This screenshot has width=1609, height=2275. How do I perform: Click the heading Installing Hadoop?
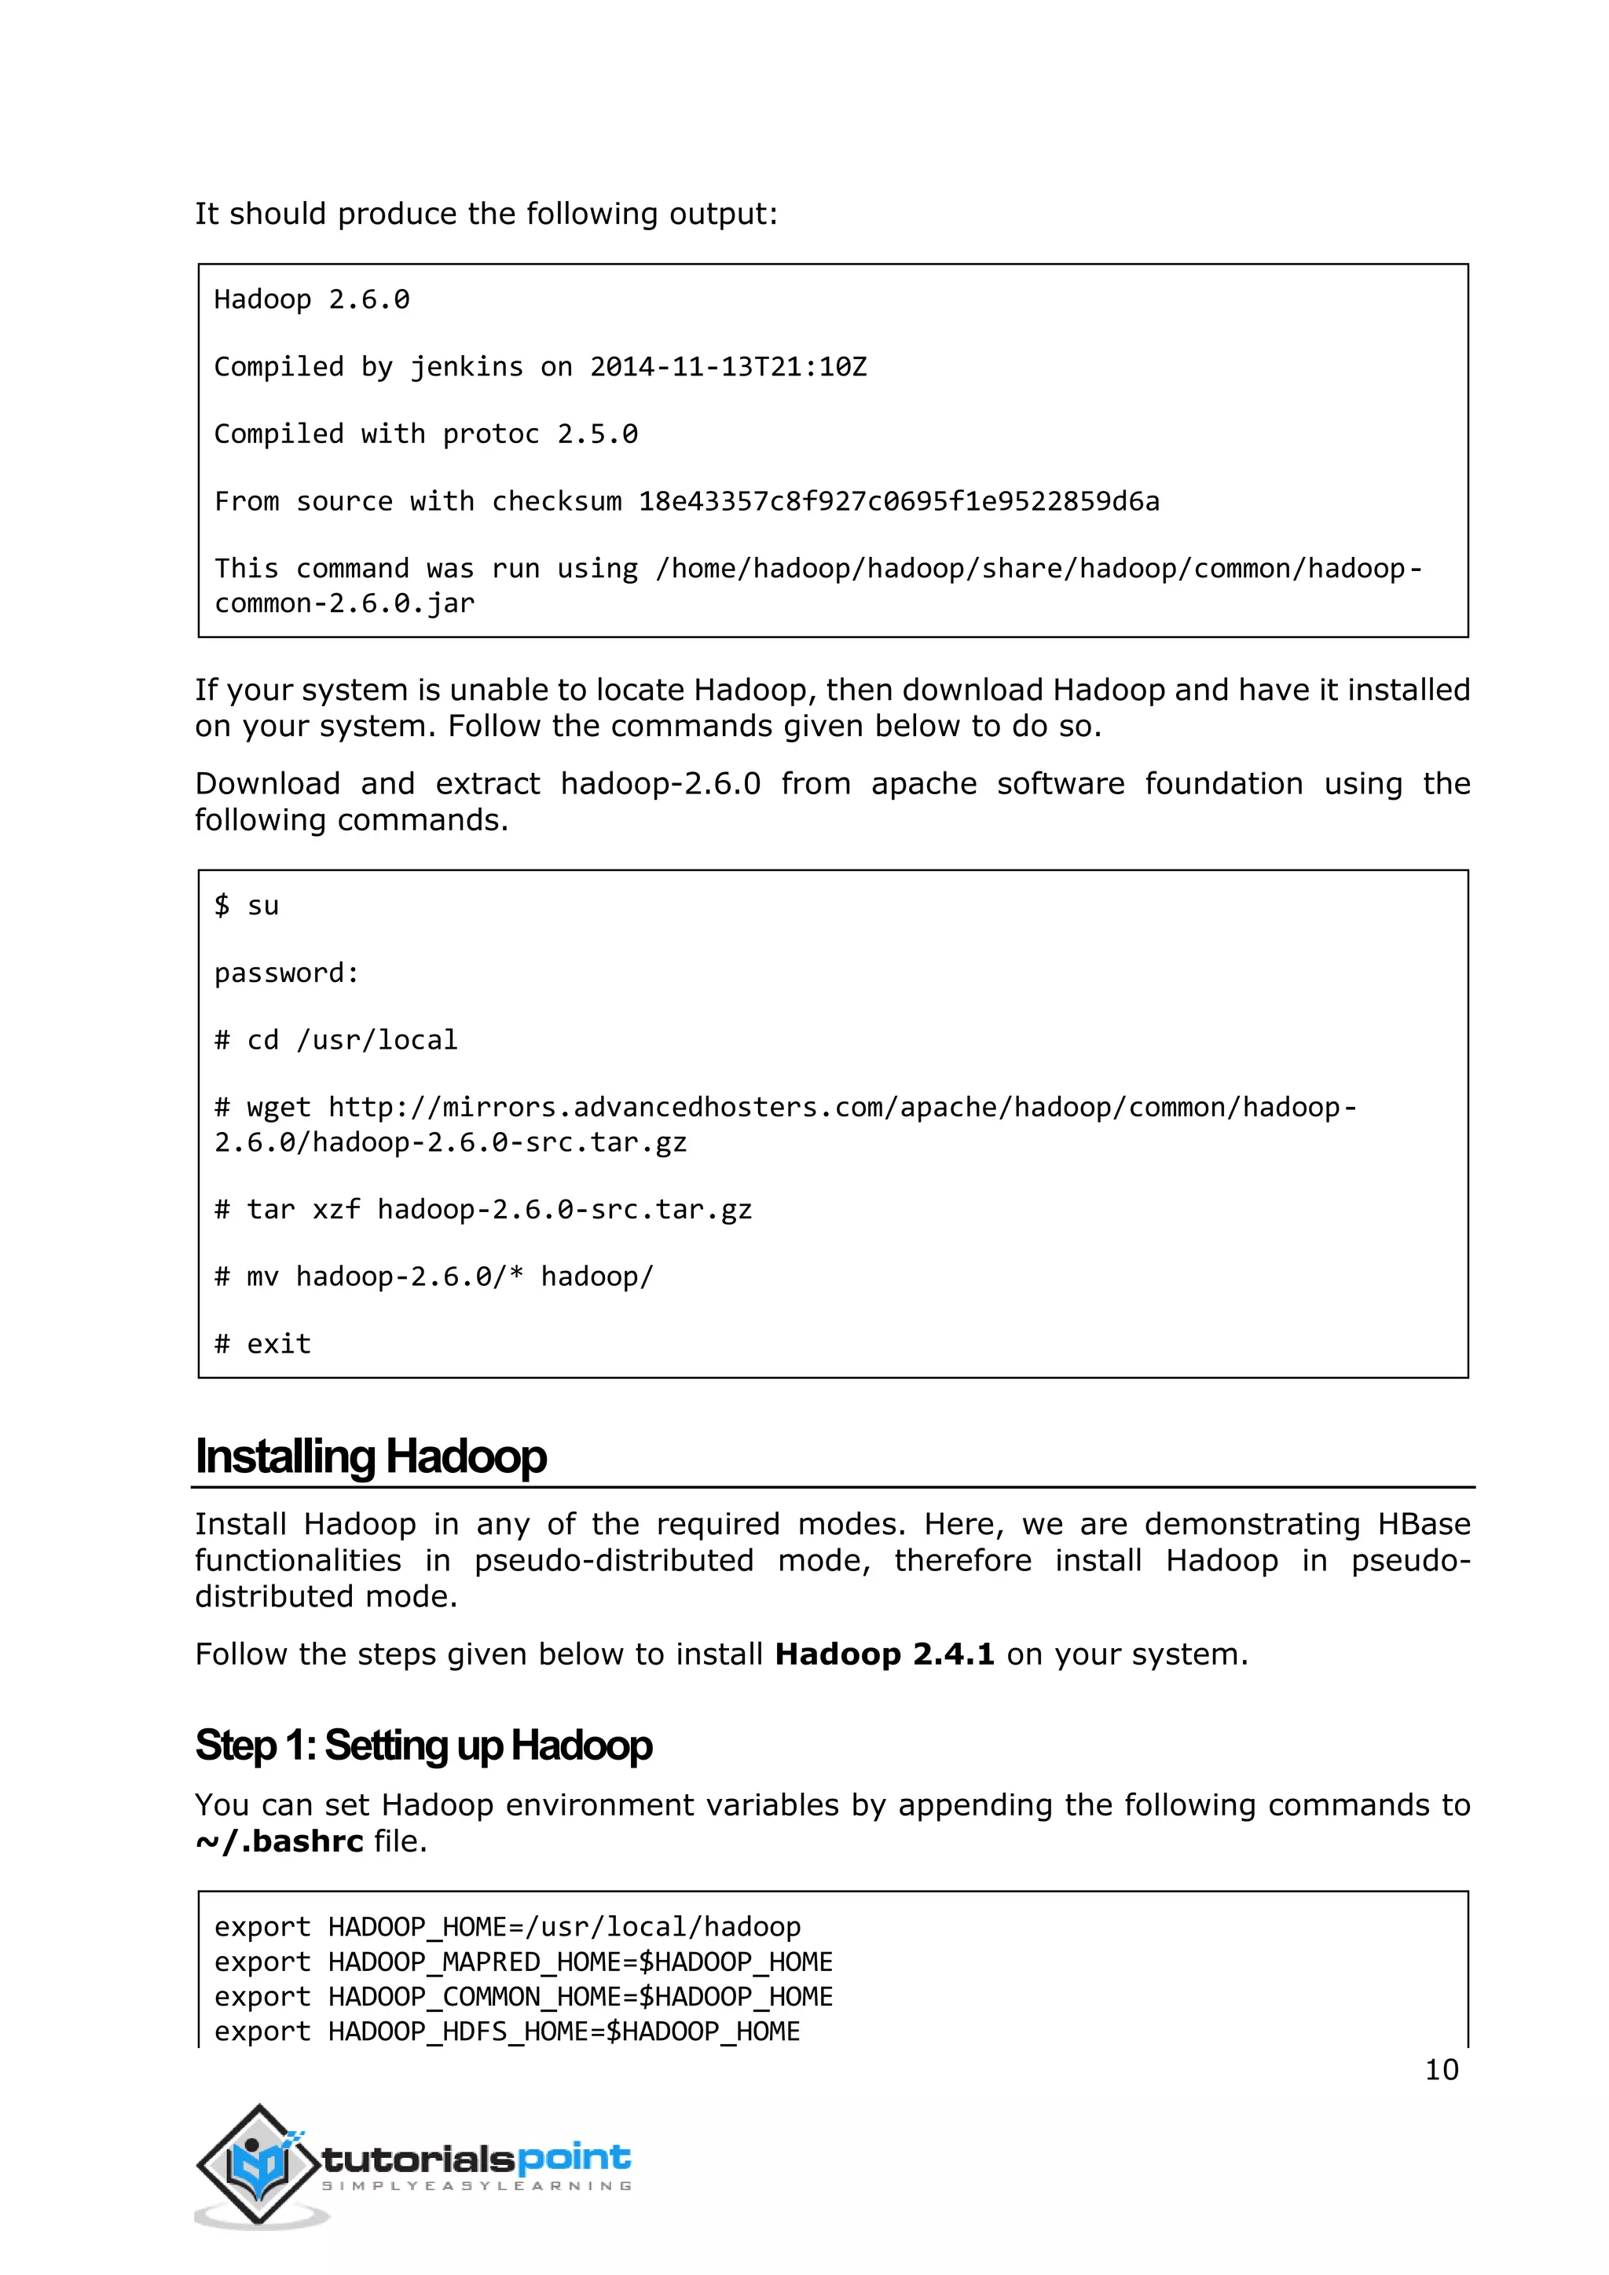pos(371,1456)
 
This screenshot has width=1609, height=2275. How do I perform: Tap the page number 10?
pos(1441,2070)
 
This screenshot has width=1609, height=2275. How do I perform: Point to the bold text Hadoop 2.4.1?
pos(884,1654)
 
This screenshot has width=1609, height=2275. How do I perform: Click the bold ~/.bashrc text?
pos(280,1842)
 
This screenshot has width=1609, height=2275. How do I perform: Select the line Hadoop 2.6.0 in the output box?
pos(311,299)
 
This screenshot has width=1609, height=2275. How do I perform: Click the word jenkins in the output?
pos(466,367)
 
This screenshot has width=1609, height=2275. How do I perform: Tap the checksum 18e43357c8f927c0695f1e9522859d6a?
pos(898,501)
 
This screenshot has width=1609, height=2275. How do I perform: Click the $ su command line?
pos(247,906)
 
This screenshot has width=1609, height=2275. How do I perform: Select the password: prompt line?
pos(286,973)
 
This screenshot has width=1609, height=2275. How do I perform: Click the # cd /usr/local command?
pos(336,1040)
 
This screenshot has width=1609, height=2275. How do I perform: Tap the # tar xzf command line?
pos(482,1210)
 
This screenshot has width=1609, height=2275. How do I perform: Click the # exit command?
pos(262,1345)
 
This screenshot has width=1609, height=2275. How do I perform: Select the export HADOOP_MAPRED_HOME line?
pos(523,1962)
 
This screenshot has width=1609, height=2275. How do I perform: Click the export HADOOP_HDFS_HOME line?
pos(506,2031)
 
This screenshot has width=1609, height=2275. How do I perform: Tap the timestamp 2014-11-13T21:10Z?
pos(728,367)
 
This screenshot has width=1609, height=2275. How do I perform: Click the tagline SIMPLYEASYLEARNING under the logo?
pos(475,2185)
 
